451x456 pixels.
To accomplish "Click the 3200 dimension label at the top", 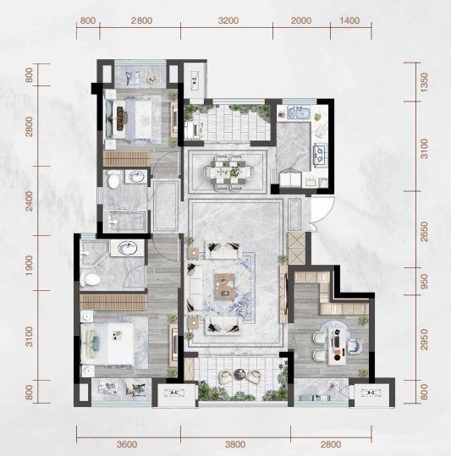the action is pyautogui.click(x=228, y=20).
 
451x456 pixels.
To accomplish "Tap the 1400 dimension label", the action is pyautogui.click(x=349, y=20).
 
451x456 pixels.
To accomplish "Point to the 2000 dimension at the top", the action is pyautogui.click(x=301, y=20).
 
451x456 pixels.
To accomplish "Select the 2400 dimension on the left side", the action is pyautogui.click(x=29, y=201).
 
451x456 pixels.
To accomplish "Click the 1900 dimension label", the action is pyautogui.click(x=29, y=266).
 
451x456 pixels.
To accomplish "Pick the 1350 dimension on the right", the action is pyautogui.click(x=425, y=83).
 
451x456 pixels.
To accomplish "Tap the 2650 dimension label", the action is pyautogui.click(x=425, y=232).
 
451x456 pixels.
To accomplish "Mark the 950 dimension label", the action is pyautogui.click(x=425, y=282).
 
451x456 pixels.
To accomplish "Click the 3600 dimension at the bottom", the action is pyautogui.click(x=127, y=444).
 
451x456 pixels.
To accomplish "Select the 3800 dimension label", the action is pyautogui.click(x=235, y=444).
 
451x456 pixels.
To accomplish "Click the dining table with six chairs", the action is pyautogui.click(x=228, y=173).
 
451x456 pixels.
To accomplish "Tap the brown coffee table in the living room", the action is pyautogui.click(x=225, y=287).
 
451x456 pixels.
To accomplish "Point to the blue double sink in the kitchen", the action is pyautogui.click(x=298, y=113).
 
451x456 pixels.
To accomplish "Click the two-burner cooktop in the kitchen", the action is pyautogui.click(x=320, y=153).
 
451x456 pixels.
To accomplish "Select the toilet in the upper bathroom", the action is pyautogui.click(x=113, y=179).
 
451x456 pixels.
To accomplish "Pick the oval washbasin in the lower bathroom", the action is pyautogui.click(x=128, y=248).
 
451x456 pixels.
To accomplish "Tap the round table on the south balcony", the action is pyautogui.click(x=240, y=373).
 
